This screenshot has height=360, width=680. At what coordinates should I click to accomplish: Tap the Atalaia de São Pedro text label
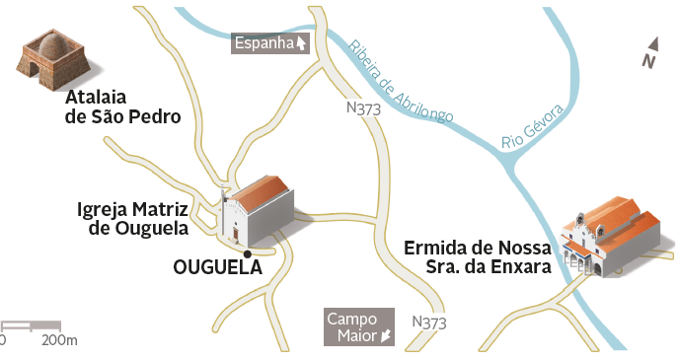pos(123,108)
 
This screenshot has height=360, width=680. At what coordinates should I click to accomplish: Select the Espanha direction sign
pos(269,42)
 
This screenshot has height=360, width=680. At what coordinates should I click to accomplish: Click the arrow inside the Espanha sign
pos(300,42)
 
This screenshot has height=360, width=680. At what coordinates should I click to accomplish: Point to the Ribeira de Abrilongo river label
pos(400,82)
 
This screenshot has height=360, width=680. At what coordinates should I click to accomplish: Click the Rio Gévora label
pos(532,126)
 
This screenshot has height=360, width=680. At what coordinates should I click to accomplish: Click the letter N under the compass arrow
pos(647,62)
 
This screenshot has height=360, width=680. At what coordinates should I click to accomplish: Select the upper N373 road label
pos(364,108)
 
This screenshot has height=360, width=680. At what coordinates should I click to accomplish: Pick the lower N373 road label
pos(429,323)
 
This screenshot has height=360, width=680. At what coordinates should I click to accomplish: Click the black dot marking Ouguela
pos(248,253)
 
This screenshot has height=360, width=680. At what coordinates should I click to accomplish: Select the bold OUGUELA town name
pos(217,266)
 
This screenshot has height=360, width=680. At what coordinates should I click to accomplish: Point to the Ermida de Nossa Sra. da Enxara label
pos(477,257)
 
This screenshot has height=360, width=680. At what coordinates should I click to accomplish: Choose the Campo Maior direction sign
pos(359,327)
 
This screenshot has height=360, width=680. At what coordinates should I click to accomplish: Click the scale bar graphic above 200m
pos(31,325)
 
